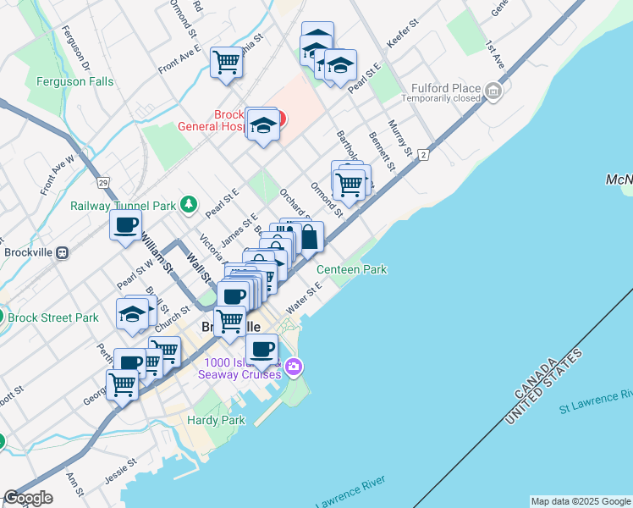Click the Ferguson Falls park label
point(74,82)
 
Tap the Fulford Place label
point(446,88)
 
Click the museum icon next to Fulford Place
point(493,89)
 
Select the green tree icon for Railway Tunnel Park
point(188,205)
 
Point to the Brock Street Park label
point(53,318)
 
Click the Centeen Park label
point(351,269)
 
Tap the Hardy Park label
point(216,420)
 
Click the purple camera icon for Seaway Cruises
point(294,366)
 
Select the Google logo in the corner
point(28,498)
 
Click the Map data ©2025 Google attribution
point(581,501)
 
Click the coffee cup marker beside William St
point(126,225)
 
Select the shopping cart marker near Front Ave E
point(227,61)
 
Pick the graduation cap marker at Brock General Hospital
point(264,125)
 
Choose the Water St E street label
point(304,302)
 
